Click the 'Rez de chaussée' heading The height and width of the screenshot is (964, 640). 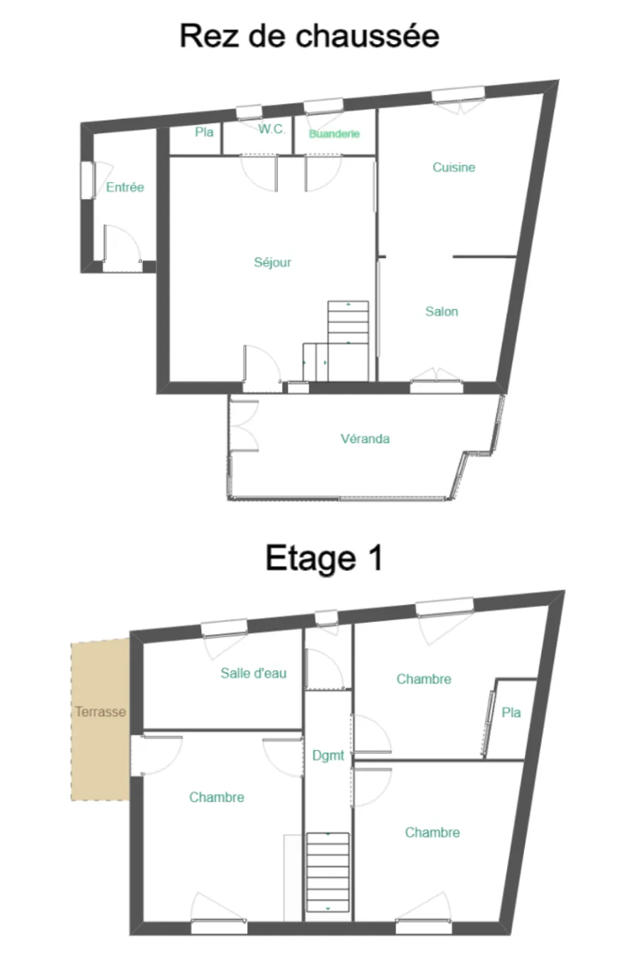(309, 36)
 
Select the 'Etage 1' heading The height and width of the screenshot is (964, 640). (324, 558)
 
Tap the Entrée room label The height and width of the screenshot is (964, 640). (125, 188)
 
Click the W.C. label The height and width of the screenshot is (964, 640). (272, 129)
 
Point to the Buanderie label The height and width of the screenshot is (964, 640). (334, 134)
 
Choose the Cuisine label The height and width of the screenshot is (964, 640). (454, 168)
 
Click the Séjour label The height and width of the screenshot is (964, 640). (273, 262)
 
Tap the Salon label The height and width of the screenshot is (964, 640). (442, 311)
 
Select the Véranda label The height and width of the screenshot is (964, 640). (365, 439)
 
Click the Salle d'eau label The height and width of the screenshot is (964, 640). (253, 673)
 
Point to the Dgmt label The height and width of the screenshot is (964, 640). (328, 756)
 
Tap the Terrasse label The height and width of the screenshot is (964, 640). (100, 712)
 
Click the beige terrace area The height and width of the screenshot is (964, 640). (100, 754)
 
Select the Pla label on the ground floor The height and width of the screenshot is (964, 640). (204, 132)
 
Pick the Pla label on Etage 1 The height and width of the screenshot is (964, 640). (511, 712)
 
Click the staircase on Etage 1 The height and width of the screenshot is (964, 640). (328, 872)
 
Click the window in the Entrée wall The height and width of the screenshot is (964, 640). (87, 181)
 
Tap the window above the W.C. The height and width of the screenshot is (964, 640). (249, 112)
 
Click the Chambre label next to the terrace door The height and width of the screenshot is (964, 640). (217, 798)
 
